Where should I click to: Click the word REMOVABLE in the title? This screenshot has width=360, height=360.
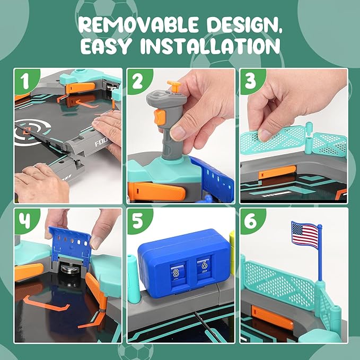tap(138, 24)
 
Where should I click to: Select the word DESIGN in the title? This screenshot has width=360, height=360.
tap(244, 25)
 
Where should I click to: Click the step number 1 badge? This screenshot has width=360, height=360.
tap(25, 81)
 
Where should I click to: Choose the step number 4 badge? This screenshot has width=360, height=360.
tap(25, 221)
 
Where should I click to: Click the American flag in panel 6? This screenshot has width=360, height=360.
tap(305, 234)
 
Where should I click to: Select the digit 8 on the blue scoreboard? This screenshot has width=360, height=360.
tap(176, 273)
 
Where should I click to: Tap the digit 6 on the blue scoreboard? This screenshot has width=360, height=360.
tap(204, 265)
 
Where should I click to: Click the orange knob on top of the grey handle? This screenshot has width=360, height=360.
tap(174, 85)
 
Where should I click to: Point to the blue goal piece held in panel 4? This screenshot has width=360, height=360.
tap(71, 245)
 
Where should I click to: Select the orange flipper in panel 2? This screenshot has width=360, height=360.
tap(156, 191)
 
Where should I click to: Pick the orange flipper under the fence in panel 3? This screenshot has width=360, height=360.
tap(277, 172)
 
